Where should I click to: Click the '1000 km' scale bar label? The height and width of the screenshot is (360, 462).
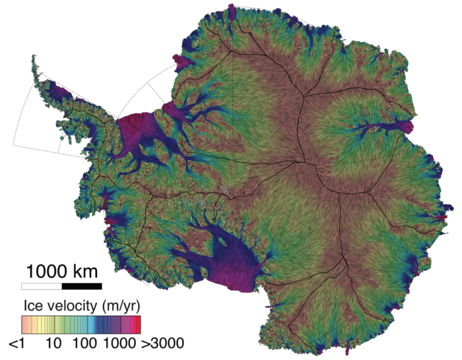[62, 271]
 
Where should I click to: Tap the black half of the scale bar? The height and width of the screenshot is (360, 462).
[82, 286]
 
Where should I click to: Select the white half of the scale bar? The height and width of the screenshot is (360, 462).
[42, 286]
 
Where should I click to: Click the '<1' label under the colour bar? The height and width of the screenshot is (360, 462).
[18, 344]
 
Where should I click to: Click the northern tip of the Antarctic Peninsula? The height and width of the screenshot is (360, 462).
[32, 58]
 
